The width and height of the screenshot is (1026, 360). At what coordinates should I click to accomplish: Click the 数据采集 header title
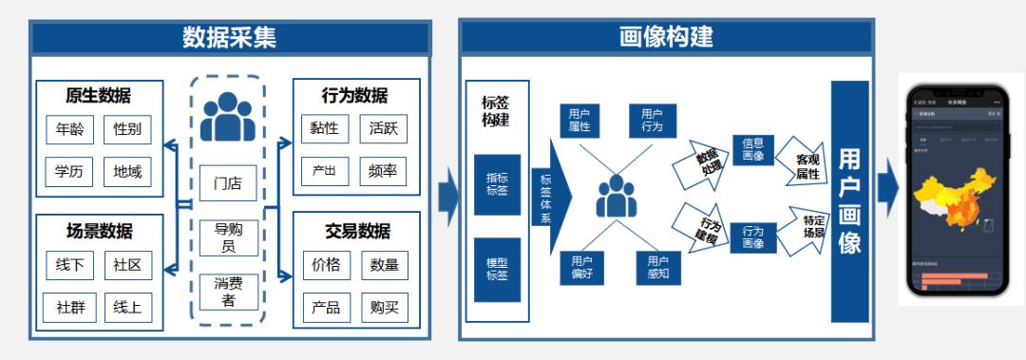click(230, 37)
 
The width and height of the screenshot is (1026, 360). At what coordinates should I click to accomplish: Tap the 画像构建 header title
click(665, 37)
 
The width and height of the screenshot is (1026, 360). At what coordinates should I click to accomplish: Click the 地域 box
click(127, 172)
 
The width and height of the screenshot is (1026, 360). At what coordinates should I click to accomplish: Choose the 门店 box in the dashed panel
click(228, 183)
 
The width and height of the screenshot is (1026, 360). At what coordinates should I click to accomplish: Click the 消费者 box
click(228, 292)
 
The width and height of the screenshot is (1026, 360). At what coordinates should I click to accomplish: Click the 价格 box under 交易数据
click(325, 266)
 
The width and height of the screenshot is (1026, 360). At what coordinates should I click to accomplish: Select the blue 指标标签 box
click(496, 184)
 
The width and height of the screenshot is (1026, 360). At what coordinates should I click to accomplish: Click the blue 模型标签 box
click(496, 268)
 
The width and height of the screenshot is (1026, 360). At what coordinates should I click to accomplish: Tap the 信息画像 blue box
click(752, 150)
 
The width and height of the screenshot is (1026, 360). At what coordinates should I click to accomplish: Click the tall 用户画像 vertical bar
click(849, 200)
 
